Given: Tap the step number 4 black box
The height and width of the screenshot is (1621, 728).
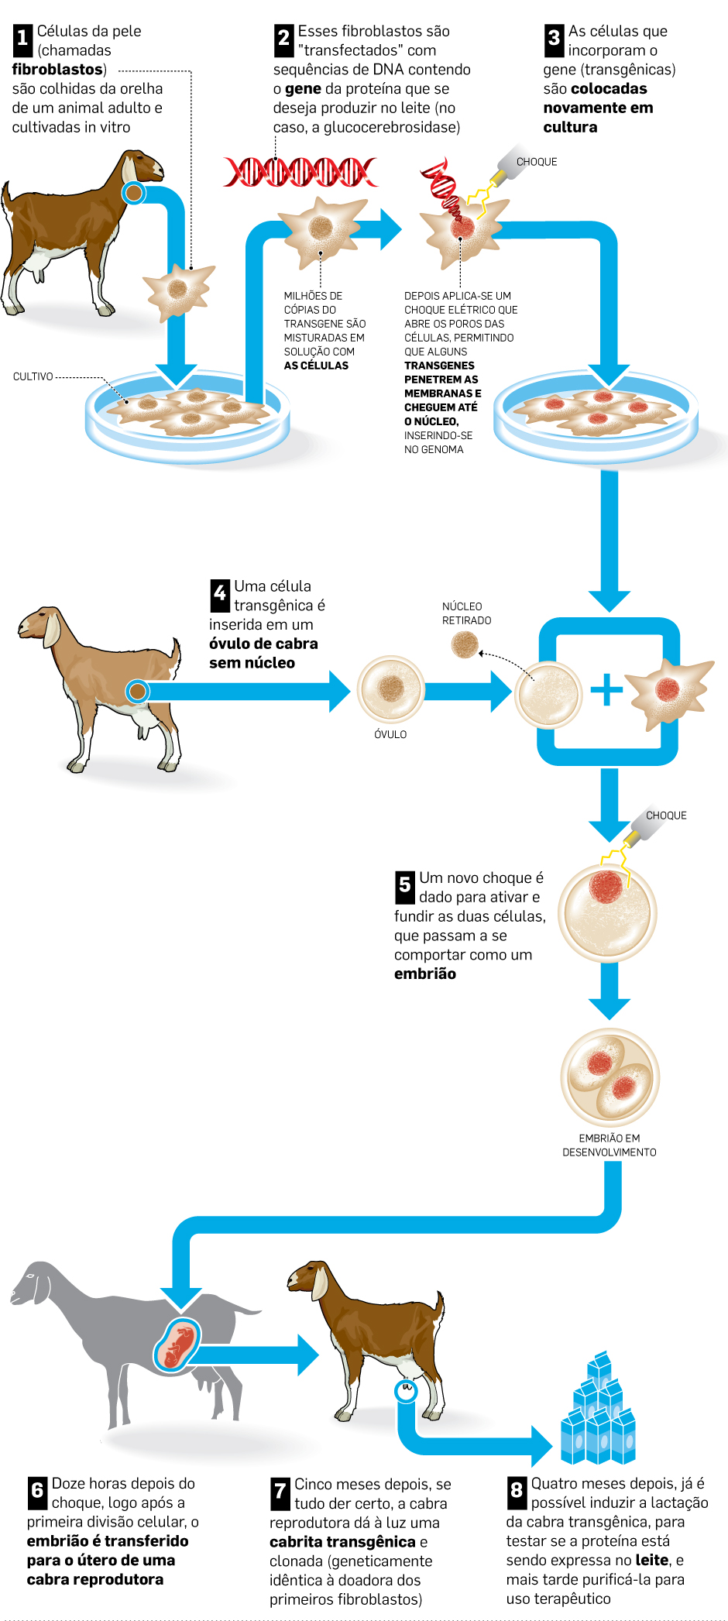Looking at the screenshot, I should tap(220, 595).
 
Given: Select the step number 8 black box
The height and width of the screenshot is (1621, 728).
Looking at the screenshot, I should tap(517, 1492).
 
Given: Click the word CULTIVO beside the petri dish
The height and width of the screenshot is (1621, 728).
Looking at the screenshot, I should tap(33, 377).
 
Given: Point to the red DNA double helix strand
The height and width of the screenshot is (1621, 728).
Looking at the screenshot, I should tap(300, 172).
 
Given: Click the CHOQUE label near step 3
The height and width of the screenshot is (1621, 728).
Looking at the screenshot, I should tap(537, 162).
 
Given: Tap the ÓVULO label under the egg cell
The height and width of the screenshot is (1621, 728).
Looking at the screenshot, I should tap(390, 734).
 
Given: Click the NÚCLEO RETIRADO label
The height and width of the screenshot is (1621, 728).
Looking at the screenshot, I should tap(466, 613).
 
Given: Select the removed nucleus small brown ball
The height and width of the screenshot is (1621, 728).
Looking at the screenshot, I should tap(465, 644).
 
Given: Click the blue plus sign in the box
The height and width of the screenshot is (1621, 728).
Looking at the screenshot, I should tap(606, 689).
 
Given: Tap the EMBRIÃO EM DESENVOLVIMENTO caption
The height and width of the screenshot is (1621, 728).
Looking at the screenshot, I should tap(610, 1145).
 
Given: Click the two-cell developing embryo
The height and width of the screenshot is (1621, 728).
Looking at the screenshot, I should tap(610, 1076).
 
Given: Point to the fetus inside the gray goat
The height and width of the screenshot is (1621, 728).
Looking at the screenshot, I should tap(178, 1345).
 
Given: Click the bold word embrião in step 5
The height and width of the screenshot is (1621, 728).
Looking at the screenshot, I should tap(425, 974).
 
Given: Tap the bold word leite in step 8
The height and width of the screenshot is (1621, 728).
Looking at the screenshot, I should tap(651, 1561).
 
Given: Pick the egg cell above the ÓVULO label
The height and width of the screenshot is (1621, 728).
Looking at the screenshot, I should tap(390, 689).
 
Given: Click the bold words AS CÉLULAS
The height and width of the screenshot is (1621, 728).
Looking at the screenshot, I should tap(316, 366).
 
